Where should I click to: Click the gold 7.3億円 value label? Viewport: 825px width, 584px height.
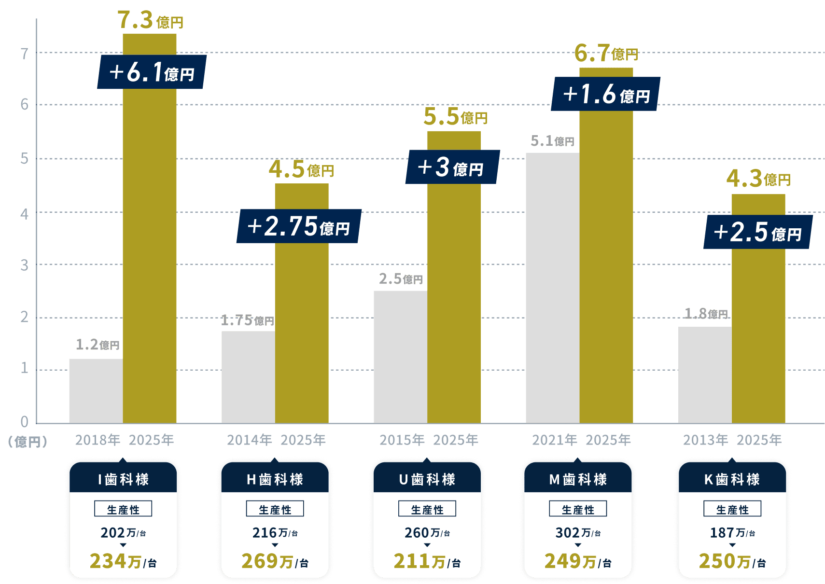[x=150, y=20]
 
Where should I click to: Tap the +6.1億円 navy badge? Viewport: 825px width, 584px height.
[x=152, y=72]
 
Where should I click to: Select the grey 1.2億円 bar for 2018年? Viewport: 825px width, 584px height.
[x=96, y=390]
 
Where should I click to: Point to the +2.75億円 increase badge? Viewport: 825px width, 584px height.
[x=299, y=226]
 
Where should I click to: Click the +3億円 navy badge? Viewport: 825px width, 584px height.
[x=452, y=167]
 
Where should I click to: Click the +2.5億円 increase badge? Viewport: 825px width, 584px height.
[x=758, y=232]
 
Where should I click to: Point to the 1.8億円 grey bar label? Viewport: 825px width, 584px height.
[x=706, y=314]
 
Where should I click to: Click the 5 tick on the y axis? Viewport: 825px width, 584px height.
[x=24, y=159]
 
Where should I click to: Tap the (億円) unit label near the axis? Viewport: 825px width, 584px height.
[x=28, y=442]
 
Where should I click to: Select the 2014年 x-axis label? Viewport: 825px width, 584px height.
[x=249, y=440]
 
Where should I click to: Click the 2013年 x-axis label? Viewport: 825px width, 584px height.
[x=705, y=440]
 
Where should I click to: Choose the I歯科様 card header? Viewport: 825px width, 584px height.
[x=123, y=479]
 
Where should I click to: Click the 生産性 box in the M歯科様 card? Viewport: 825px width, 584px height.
[x=578, y=509]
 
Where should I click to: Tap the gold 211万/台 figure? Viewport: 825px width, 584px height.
[x=427, y=561]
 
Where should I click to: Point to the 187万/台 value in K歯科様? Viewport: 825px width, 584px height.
[x=732, y=533]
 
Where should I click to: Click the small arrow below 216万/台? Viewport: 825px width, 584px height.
[x=275, y=545]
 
